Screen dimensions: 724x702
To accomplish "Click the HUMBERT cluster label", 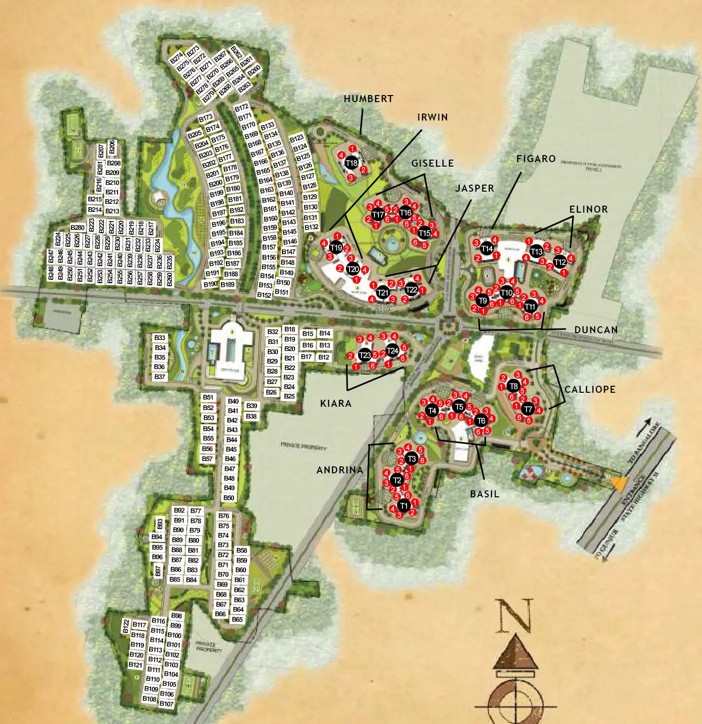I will pos(368,99).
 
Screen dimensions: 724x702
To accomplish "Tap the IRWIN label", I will pos(432,117).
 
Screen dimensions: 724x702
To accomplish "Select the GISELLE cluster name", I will pos(432,163).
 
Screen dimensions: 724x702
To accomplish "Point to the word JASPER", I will pos(474,188).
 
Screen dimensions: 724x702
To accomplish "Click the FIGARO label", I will pos(536,159).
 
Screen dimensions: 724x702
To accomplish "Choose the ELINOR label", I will pos(588,209).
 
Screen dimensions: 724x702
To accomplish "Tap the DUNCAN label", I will pos(596,330).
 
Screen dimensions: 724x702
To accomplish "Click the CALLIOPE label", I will pos(590,389).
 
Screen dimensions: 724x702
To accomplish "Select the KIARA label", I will pos(335,403).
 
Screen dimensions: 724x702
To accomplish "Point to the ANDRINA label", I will pos(339,470).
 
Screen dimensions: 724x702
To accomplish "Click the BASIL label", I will pos(484,494).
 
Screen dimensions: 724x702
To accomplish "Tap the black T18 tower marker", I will pos(351,163).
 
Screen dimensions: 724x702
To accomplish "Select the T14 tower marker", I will pos(486,248).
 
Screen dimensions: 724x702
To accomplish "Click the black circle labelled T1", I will pos(403,506).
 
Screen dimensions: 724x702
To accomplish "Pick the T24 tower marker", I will pos(392,350).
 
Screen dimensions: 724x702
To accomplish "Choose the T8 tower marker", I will pos(513,386).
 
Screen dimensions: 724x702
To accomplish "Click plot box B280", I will pos(77,228).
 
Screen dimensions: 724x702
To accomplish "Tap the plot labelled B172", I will pos(241,108).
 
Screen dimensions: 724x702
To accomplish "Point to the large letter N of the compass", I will pos(514,615).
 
